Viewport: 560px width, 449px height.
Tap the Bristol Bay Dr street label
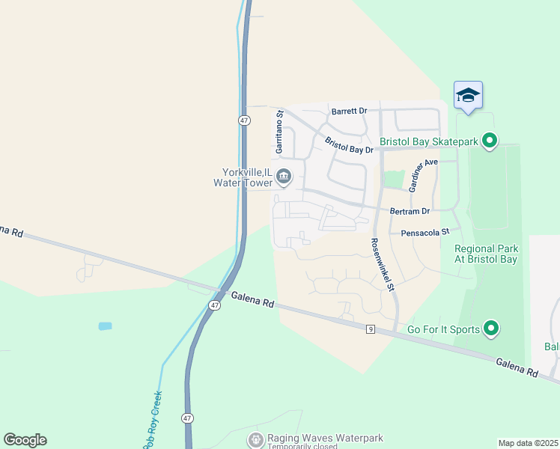tap(349, 144)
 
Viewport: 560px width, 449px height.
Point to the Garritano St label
tap(279, 132)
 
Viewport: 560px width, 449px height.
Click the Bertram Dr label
tap(410, 212)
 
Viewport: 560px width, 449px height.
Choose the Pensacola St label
tap(424, 233)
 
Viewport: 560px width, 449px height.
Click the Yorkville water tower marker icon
tap(284, 177)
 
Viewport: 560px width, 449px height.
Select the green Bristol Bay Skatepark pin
tap(490, 141)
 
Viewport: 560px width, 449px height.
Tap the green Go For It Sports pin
tap(491, 328)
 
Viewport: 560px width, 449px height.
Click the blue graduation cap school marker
tap(468, 95)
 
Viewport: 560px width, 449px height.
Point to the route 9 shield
tap(370, 329)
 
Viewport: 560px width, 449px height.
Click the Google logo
tap(25, 440)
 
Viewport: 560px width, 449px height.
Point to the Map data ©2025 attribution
tap(528, 442)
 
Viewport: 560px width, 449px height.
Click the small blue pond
tap(105, 326)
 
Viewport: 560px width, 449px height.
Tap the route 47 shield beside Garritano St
tap(244, 120)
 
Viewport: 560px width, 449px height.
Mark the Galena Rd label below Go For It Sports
tap(517, 367)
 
